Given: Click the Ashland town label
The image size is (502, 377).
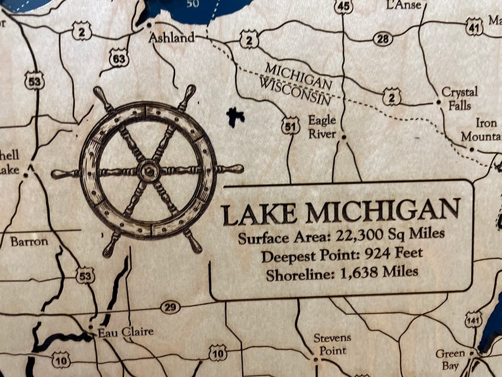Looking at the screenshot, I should point(171,38).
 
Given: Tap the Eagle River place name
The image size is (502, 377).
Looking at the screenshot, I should point(322,125).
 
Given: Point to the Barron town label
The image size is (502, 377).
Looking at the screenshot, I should point(29,241).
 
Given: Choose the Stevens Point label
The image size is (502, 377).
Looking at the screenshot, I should point(332,344).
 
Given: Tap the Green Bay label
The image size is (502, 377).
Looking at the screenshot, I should point(450,360).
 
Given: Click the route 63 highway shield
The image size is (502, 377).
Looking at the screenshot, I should point(119,59).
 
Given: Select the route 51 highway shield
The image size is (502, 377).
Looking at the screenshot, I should point(290,126).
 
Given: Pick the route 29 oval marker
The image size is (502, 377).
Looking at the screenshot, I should point(169,307).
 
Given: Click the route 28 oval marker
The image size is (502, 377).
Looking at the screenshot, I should point(383,39).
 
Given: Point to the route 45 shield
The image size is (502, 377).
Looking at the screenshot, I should point(343,7).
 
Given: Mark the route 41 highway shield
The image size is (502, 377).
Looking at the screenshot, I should point(474,27).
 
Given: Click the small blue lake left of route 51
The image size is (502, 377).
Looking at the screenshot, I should point(235,116).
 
